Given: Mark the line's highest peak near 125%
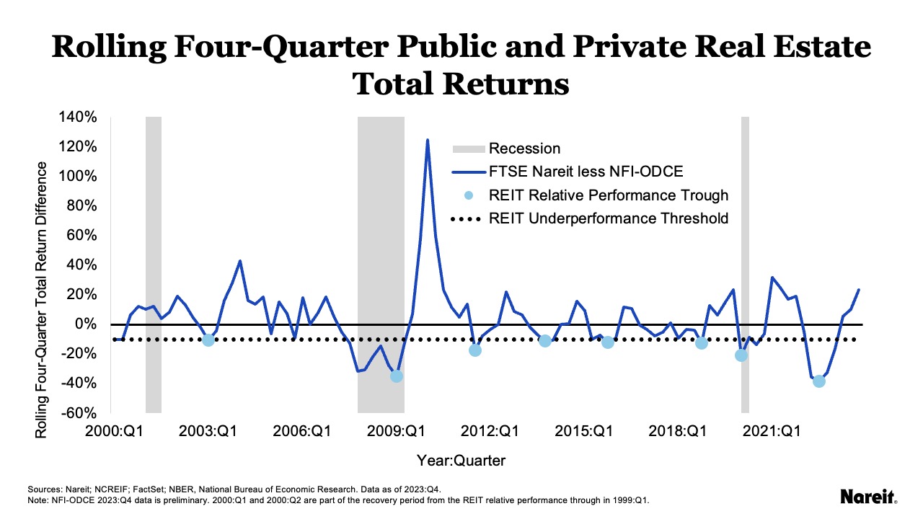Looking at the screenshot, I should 428,140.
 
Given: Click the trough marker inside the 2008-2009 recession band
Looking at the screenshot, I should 396,376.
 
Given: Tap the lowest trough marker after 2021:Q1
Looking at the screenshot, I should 818,381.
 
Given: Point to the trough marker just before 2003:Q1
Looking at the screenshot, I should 208,340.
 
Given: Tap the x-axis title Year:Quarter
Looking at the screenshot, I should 461,460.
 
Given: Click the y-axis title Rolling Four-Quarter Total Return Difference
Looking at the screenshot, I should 41,299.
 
